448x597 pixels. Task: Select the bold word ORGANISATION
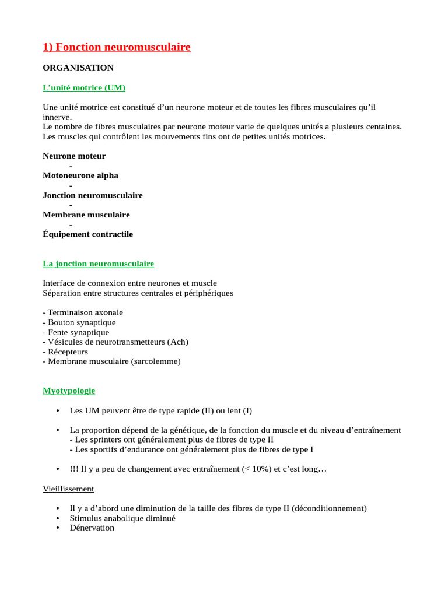(x=78, y=68)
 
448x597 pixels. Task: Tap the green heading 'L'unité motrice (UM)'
(x=84, y=88)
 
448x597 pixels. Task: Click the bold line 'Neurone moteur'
(x=74, y=156)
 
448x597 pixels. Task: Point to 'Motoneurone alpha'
(x=80, y=175)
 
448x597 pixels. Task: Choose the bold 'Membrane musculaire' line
(x=86, y=215)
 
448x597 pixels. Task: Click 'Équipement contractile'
(x=87, y=234)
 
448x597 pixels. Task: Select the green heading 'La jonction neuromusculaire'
(x=98, y=264)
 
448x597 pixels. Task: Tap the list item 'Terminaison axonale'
(x=85, y=312)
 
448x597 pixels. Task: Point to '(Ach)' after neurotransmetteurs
(x=177, y=342)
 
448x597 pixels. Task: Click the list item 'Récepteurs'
(x=68, y=352)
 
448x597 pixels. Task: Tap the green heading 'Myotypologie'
(x=69, y=391)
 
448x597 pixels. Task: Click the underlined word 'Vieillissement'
(x=68, y=489)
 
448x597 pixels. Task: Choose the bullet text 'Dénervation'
(x=92, y=528)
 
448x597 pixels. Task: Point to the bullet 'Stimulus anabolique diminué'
(x=123, y=518)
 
